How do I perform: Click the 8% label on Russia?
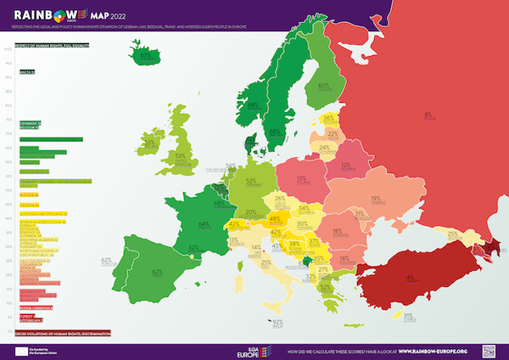(x=428, y=114)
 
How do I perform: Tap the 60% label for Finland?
(x=323, y=86)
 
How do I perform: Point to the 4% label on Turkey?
(x=410, y=277)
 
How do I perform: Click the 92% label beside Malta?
(x=277, y=322)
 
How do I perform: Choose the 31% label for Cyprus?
(x=409, y=315)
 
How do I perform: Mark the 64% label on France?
(x=204, y=224)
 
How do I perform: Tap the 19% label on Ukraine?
(x=375, y=199)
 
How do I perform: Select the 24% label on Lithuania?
(x=324, y=147)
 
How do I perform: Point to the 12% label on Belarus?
(x=346, y=165)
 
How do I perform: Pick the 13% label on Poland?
(x=301, y=178)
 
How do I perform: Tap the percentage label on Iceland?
(x=146, y=57)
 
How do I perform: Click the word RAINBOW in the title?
(x=41, y=13)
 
